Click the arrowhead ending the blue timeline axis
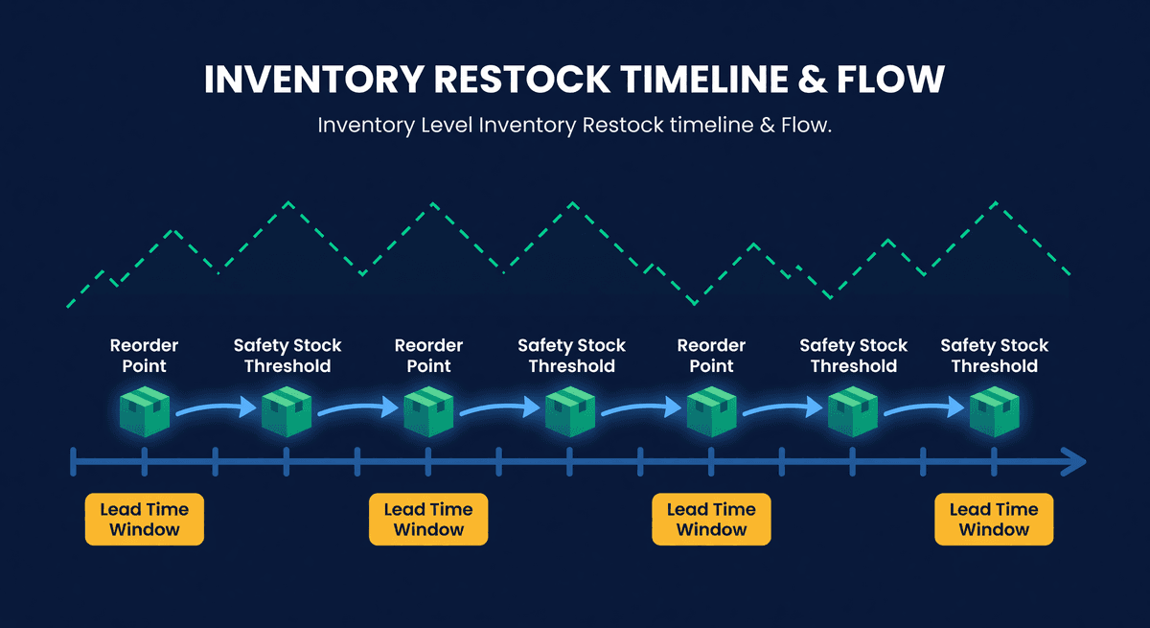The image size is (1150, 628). (x=1075, y=463)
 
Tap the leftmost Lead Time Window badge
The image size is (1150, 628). (x=144, y=520)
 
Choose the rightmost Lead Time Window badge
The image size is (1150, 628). (x=994, y=520)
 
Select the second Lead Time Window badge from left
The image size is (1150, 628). (x=428, y=520)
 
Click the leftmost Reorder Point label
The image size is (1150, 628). (x=144, y=356)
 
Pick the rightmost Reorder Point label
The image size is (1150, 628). (x=711, y=356)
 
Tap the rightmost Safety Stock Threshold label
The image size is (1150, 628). (x=994, y=356)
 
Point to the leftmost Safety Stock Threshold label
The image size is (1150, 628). (x=287, y=356)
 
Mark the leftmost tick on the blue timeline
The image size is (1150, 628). (x=74, y=463)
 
